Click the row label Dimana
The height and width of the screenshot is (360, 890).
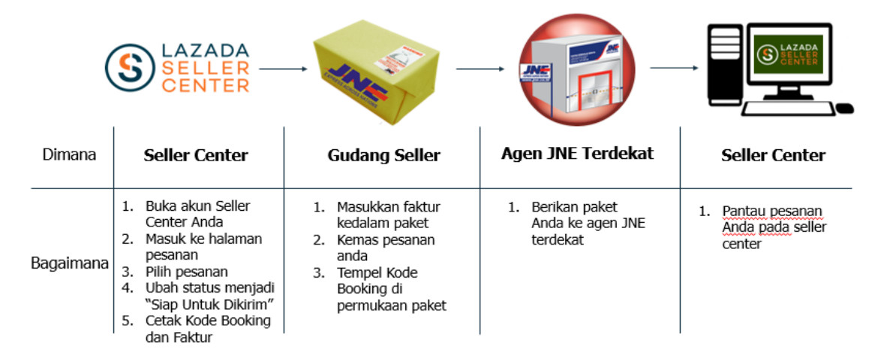point(68,156)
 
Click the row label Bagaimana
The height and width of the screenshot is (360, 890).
point(70,264)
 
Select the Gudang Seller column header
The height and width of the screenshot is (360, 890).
point(383,156)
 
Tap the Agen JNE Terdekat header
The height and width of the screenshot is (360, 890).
point(578,154)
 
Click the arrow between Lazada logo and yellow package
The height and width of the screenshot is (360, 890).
point(283,69)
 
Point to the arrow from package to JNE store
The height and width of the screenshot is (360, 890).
point(480,69)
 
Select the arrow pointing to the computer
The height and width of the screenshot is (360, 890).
point(674,69)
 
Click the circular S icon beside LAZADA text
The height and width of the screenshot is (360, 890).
point(128,67)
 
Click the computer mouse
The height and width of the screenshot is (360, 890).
point(844,109)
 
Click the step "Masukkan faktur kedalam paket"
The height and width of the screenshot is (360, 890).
point(388,214)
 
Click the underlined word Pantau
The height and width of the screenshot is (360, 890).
point(741,211)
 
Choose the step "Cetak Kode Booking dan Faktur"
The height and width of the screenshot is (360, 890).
point(208,328)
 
